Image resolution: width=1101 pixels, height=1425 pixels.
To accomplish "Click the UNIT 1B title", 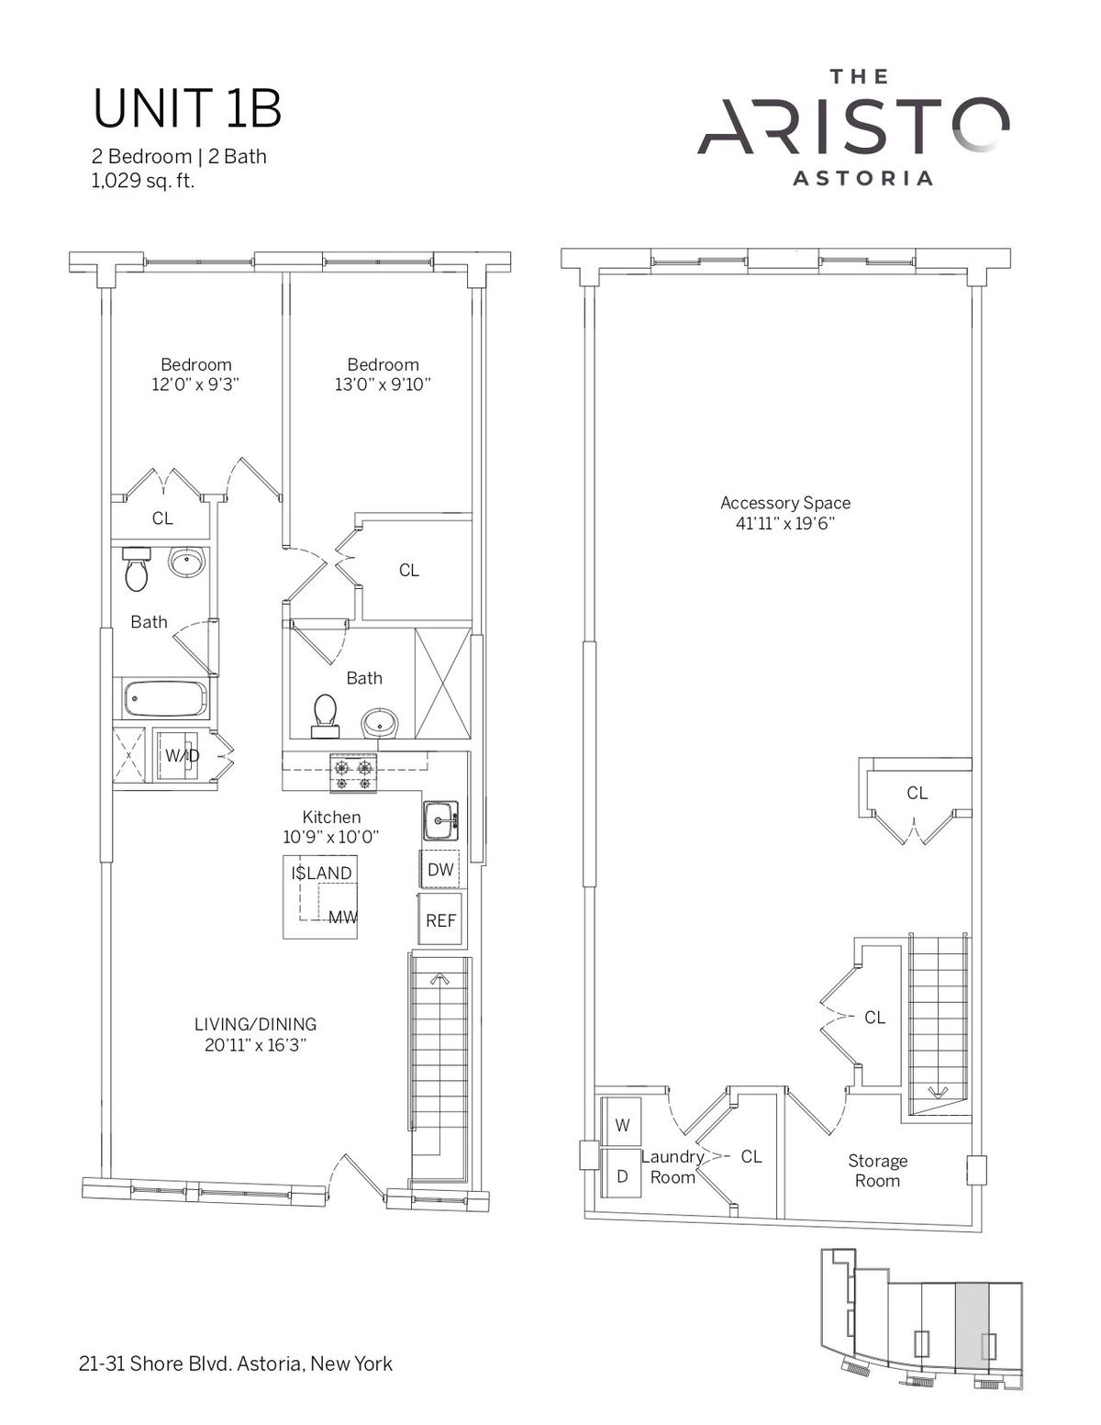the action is (x=187, y=109).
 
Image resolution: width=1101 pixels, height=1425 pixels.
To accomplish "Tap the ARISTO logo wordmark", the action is (x=852, y=127).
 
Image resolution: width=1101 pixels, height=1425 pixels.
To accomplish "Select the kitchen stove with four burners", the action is (x=353, y=773).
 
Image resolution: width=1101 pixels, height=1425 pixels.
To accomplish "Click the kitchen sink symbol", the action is (x=440, y=820).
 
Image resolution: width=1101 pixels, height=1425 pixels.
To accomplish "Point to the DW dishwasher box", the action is (x=440, y=870).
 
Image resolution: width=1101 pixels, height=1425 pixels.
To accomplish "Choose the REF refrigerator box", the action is (x=440, y=919).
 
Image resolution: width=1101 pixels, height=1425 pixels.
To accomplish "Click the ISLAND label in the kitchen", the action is (x=321, y=874).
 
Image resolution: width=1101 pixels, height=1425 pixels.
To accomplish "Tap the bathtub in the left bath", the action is (x=164, y=699).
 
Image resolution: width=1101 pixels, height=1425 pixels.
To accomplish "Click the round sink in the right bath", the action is (x=380, y=724).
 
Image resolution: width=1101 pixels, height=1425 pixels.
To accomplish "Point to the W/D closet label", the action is (x=182, y=756).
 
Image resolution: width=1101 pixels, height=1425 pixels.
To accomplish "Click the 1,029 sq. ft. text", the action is (x=143, y=181).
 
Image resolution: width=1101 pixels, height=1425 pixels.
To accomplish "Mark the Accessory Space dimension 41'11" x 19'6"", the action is (x=785, y=523).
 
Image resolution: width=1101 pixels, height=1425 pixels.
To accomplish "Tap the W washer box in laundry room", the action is (x=622, y=1125).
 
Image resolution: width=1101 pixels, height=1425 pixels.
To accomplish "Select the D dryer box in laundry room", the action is (x=622, y=1176).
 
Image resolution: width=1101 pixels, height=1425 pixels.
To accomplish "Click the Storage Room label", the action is (x=877, y=1171).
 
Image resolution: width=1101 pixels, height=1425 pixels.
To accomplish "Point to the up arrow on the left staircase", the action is (x=439, y=979).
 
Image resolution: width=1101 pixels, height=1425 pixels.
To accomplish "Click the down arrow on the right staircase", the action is (x=938, y=1093).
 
